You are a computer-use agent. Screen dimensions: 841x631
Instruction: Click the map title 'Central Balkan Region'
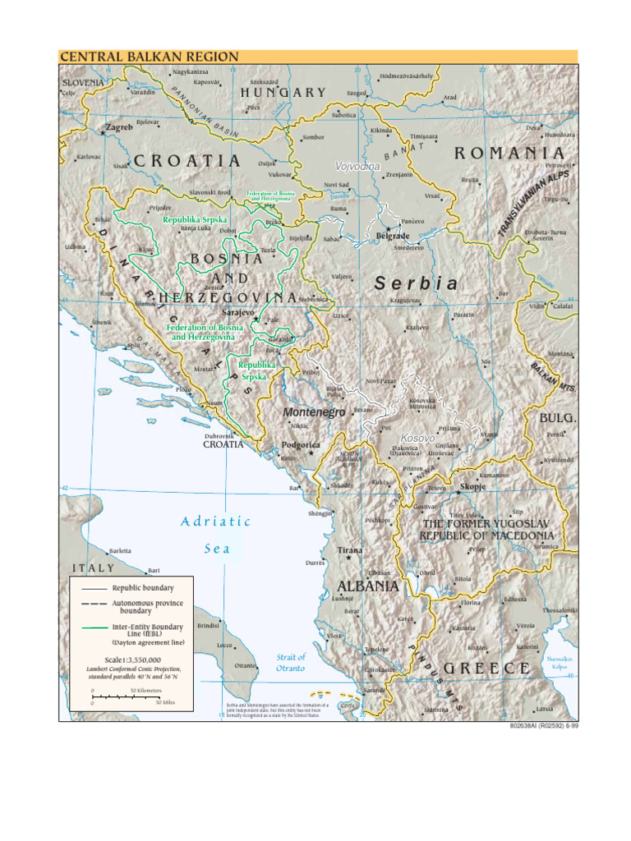[x=149, y=57]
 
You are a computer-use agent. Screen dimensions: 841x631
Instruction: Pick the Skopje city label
[x=473, y=486]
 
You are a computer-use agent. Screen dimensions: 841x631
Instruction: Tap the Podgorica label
[x=300, y=444]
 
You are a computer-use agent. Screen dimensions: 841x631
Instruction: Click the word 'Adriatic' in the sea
[x=215, y=521]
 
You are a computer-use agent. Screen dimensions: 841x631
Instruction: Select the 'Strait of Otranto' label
[x=290, y=662]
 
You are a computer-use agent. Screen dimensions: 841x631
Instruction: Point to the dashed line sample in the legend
[x=90, y=603]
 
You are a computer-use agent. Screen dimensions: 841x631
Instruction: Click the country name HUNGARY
[x=283, y=93]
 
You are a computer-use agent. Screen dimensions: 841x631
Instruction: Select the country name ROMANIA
[x=509, y=153]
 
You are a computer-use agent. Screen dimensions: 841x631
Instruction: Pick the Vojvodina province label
[x=357, y=167]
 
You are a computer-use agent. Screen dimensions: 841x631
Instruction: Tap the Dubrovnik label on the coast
[x=219, y=435]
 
